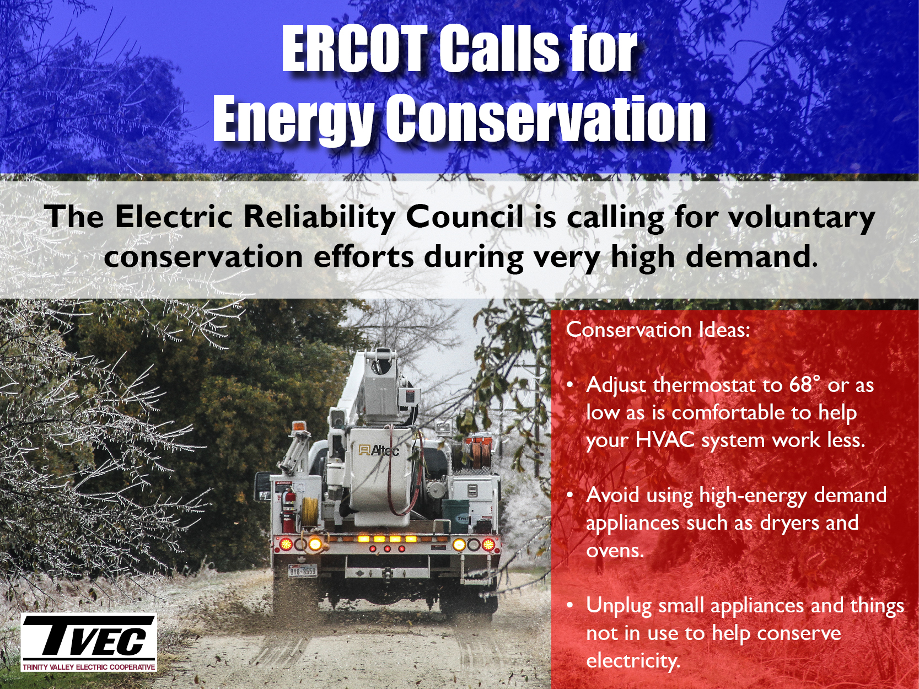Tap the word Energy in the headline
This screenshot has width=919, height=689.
point(293,118)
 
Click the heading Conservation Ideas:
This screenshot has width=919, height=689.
point(657,330)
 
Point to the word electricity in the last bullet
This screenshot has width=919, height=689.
point(632,661)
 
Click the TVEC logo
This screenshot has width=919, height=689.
point(89,643)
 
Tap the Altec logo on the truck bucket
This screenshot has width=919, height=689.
point(379,450)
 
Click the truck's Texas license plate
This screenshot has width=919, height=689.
point(303,570)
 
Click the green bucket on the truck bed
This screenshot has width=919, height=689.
point(455,516)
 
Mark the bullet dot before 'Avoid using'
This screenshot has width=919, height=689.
point(570,495)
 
